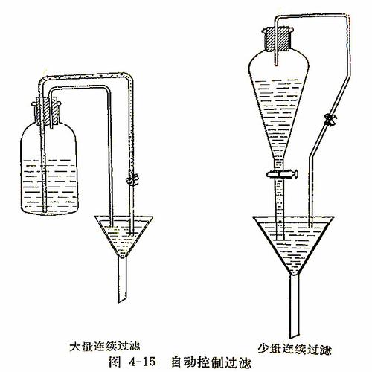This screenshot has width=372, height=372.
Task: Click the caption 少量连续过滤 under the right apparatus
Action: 294,347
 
